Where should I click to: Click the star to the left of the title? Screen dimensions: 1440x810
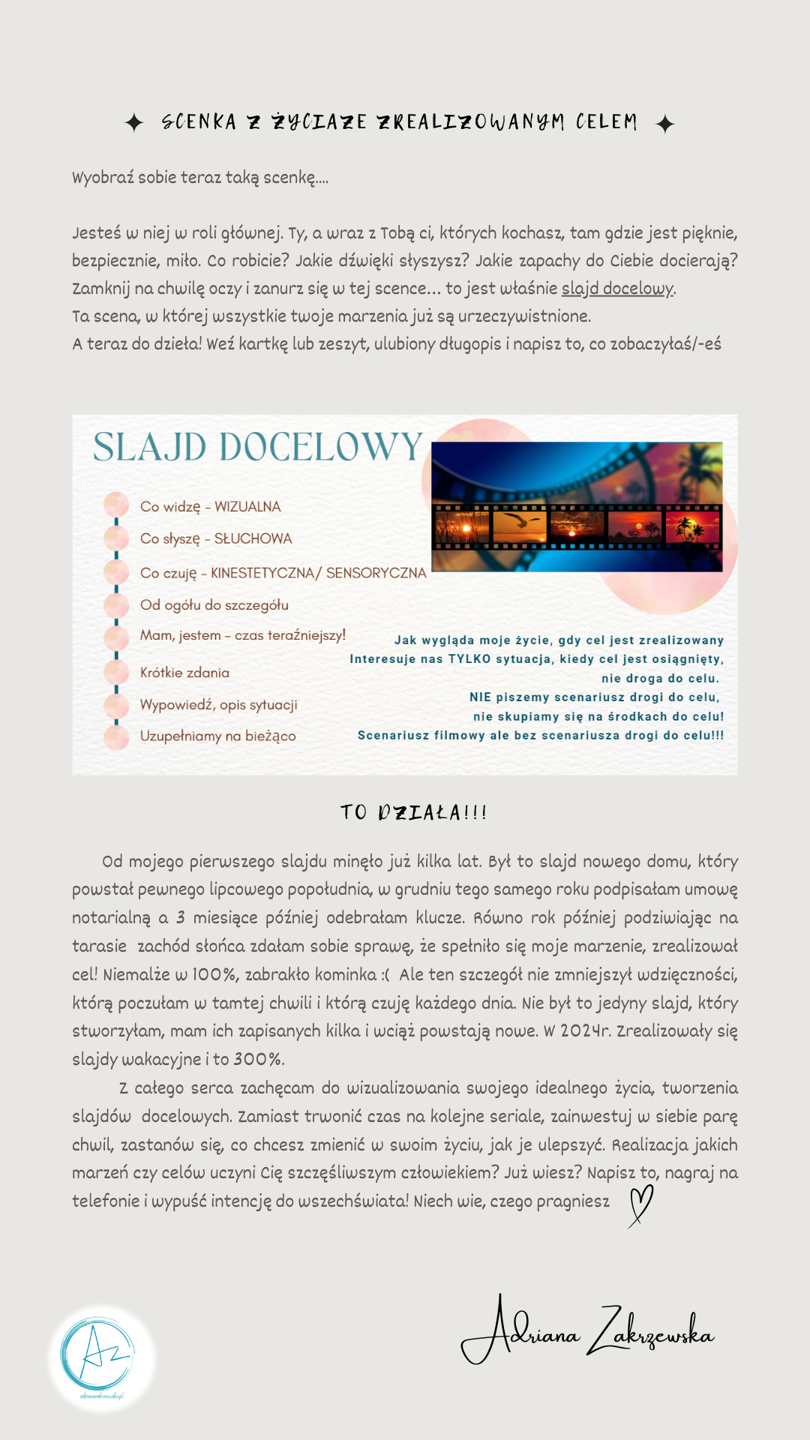pyautogui.click(x=134, y=122)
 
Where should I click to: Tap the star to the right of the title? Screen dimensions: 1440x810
pyautogui.click(x=665, y=124)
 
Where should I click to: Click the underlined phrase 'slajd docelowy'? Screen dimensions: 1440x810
pyautogui.click(x=618, y=289)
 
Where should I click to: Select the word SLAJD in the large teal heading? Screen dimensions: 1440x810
pyautogui.click(x=149, y=448)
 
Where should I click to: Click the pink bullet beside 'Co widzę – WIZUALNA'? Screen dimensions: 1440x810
pyautogui.click(x=116, y=504)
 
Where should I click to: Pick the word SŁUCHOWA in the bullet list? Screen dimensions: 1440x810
pyautogui.click(x=253, y=538)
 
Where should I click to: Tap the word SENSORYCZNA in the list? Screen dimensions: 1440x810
pyautogui.click(x=376, y=573)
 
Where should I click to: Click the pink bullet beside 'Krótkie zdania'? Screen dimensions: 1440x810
pyautogui.click(x=116, y=672)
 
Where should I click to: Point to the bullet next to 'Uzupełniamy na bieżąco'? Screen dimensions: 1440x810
pyautogui.click(x=116, y=736)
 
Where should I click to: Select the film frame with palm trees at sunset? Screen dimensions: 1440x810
pyautogui.click(x=692, y=525)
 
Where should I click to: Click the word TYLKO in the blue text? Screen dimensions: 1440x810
pyautogui.click(x=469, y=659)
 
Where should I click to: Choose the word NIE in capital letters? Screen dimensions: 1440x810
pyautogui.click(x=480, y=697)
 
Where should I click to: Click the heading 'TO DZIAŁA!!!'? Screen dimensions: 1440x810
pyautogui.click(x=413, y=812)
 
